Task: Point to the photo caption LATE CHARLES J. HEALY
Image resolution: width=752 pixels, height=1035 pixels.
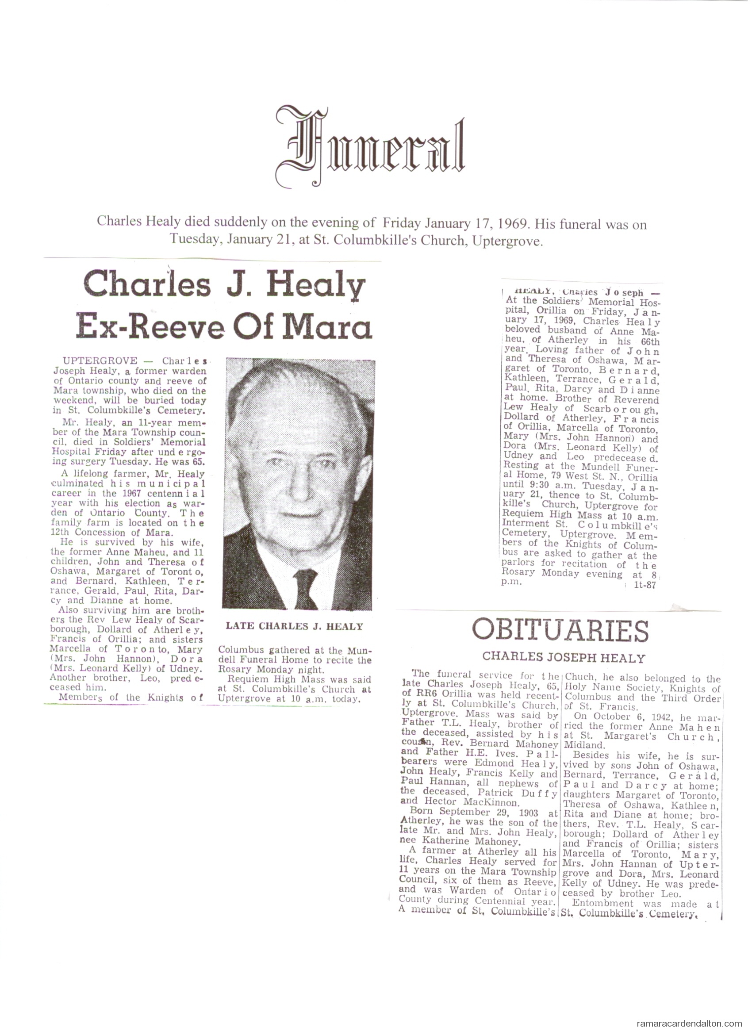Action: [x=294, y=627]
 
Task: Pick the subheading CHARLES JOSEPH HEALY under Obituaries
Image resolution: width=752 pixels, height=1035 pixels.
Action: [x=564, y=658]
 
